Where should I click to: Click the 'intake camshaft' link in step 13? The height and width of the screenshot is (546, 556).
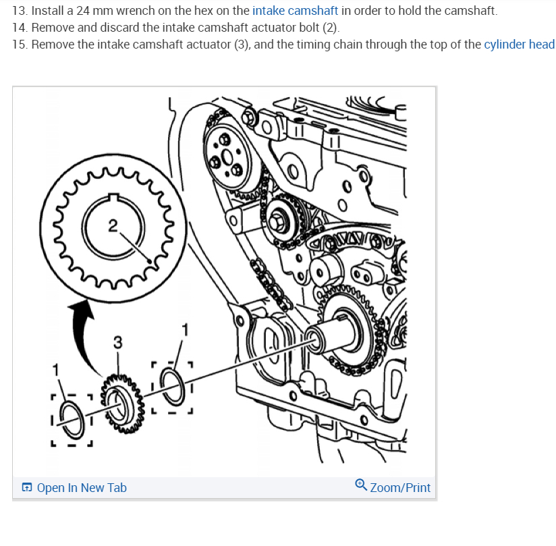click(x=295, y=11)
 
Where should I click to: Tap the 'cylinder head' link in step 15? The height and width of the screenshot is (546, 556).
click(x=519, y=45)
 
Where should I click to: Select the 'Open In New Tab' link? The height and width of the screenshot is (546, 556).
click(x=82, y=487)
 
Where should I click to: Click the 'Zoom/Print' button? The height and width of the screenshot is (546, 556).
click(x=399, y=487)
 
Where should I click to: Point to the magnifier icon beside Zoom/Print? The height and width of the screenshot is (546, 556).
click(x=361, y=486)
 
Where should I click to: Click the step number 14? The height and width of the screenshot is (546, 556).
click(x=20, y=28)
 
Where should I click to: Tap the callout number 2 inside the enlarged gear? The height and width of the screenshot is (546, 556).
click(x=113, y=224)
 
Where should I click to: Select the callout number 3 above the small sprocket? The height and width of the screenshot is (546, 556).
click(x=117, y=342)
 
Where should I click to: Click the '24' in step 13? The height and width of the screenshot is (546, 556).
click(x=84, y=11)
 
